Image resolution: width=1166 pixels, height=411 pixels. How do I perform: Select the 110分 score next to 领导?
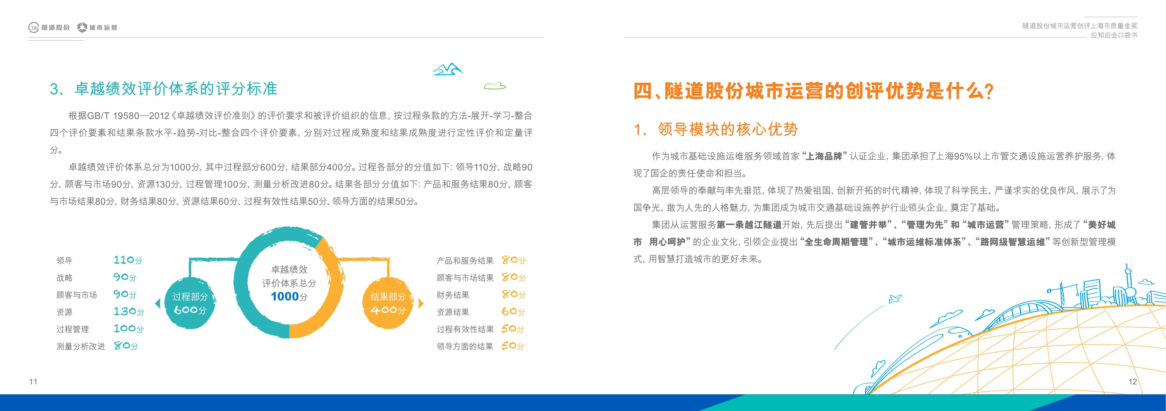(x=128, y=260)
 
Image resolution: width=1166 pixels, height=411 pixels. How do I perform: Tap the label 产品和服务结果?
(x=465, y=261)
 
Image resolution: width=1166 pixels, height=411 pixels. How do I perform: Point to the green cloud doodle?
(x=495, y=86)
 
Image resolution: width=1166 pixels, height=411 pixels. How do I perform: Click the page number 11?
(x=33, y=382)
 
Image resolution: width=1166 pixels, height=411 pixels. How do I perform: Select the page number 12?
(x=1132, y=382)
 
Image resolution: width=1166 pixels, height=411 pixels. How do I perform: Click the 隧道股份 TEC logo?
(x=49, y=28)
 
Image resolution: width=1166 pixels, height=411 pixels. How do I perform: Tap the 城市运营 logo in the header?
(x=97, y=28)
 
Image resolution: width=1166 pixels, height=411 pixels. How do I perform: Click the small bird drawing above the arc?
(x=895, y=299)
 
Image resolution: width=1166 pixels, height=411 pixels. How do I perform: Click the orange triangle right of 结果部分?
(x=421, y=303)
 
